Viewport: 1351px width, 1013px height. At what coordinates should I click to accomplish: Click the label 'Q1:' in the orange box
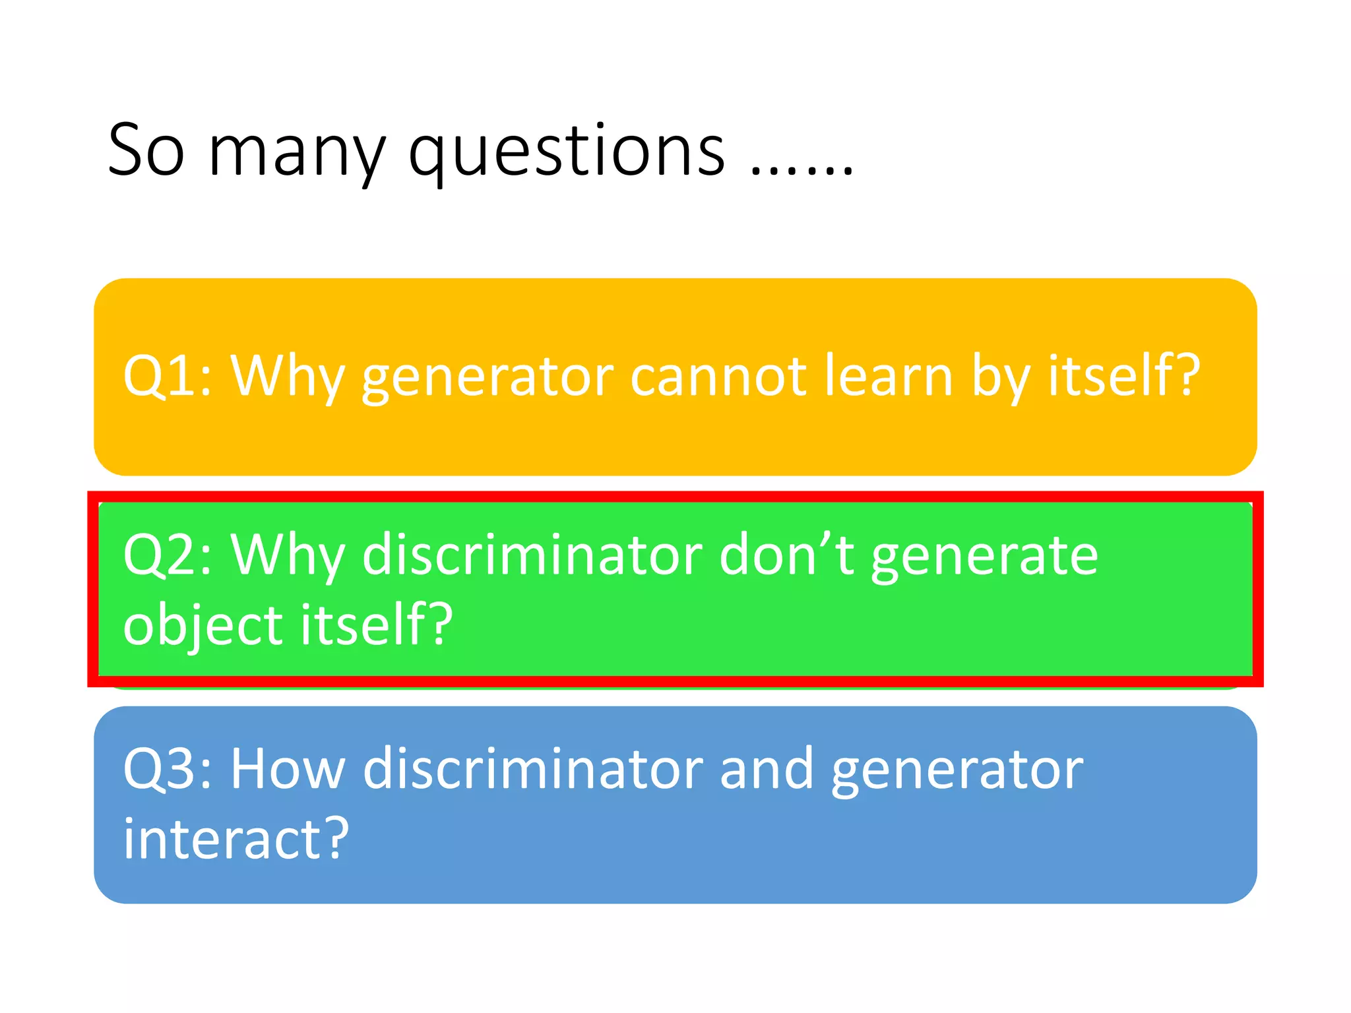pos(168,376)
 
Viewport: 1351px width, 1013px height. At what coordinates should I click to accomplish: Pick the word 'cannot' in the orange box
pos(718,376)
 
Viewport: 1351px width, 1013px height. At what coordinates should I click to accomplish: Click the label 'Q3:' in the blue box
pos(168,769)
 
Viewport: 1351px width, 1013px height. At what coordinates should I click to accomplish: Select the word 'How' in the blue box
pos(288,769)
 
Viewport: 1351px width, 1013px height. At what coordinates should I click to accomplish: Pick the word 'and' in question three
pos(766,769)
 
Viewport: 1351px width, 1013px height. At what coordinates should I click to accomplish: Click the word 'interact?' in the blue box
pos(236,838)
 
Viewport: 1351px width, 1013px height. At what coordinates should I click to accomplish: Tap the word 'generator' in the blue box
pos(957,772)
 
